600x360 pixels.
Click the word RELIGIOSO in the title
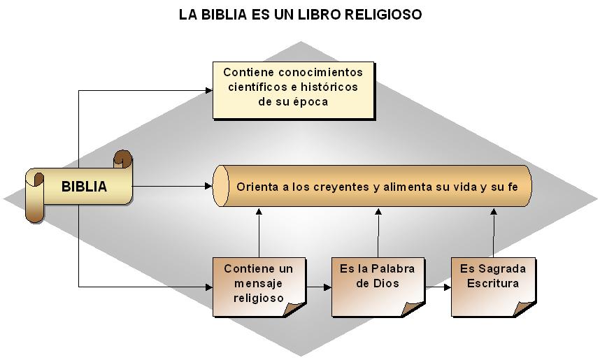point(384,15)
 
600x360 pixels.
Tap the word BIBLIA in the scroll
point(84,187)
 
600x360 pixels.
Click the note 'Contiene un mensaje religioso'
point(259,285)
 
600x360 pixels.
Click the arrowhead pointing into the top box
point(208,89)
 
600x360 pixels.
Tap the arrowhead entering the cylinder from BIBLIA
point(208,187)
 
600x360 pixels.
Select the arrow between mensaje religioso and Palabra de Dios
point(319,287)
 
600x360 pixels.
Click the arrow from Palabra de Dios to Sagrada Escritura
point(436,287)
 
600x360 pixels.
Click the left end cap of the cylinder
point(222,187)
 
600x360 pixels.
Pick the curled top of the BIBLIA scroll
point(122,159)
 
